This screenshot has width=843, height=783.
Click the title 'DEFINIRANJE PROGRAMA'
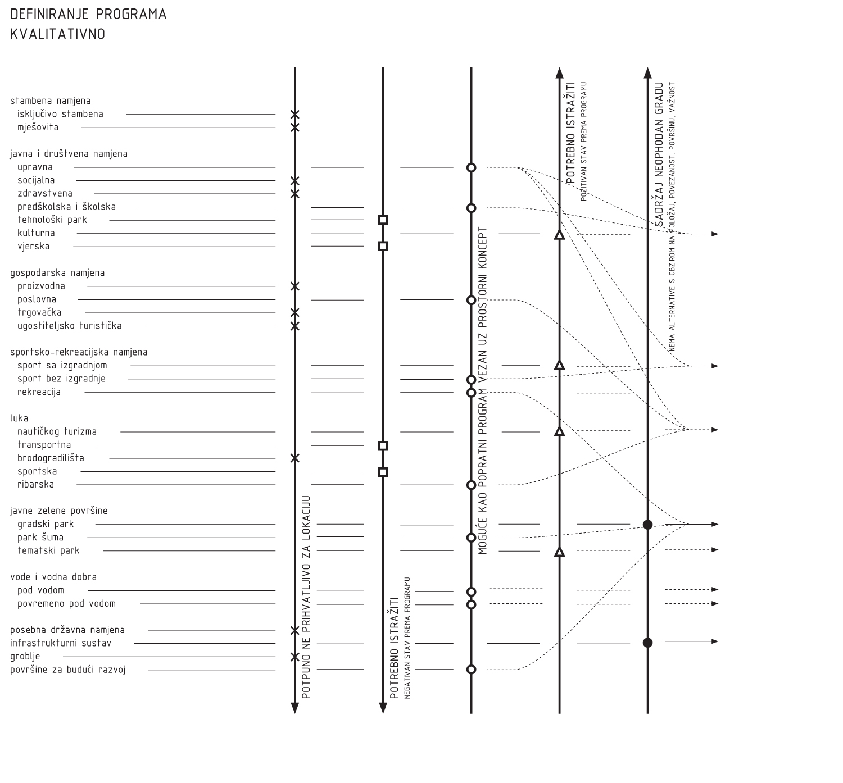(x=88, y=15)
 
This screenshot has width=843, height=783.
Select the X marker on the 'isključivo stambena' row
(x=295, y=115)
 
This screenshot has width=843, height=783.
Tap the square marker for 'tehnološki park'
(x=383, y=220)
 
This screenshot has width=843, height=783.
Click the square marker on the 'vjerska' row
(x=383, y=246)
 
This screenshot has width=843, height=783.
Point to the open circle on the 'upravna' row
(x=472, y=167)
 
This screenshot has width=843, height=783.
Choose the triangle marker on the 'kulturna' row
(x=559, y=235)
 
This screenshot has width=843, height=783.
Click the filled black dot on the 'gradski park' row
(x=647, y=525)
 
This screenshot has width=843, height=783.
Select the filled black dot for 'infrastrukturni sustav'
(x=647, y=643)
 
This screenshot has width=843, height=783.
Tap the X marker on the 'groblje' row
(x=295, y=657)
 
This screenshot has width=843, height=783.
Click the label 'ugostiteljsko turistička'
(x=69, y=326)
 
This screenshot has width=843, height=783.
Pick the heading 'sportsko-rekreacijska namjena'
(x=79, y=352)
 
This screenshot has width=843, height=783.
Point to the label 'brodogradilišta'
(x=51, y=458)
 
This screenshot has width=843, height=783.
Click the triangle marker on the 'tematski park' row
(x=559, y=552)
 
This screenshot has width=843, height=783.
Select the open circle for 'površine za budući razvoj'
(x=472, y=670)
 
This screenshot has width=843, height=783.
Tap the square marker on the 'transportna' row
(x=383, y=446)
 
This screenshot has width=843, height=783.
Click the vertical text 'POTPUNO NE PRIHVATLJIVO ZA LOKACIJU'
(x=306, y=597)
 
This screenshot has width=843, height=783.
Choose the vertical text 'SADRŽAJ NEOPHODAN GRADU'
(x=660, y=155)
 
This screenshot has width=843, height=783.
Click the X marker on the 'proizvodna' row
(x=295, y=286)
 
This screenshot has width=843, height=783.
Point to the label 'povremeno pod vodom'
(x=66, y=603)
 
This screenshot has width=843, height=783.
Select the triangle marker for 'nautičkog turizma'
(x=559, y=432)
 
